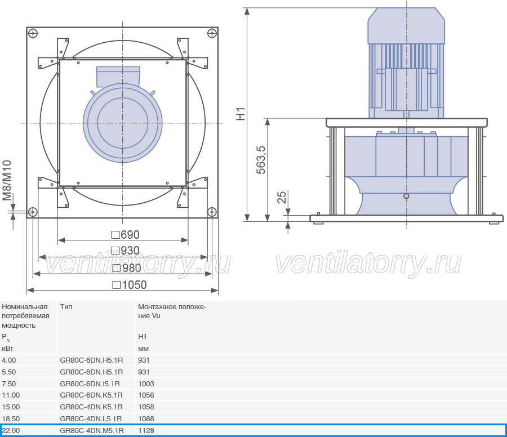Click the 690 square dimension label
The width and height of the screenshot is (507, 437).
(126, 235)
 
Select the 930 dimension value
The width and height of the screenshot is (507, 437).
(126, 251)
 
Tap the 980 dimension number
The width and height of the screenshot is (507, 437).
(126, 268)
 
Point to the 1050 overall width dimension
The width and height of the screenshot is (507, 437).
(130, 285)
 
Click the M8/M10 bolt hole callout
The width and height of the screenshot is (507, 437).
(7, 180)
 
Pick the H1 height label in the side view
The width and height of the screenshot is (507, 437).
(241, 114)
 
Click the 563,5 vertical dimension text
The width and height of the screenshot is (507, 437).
(261, 160)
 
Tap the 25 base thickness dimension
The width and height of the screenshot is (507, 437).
(282, 197)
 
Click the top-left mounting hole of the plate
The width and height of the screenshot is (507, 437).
(33, 33)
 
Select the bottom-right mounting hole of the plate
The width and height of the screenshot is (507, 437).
(211, 212)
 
